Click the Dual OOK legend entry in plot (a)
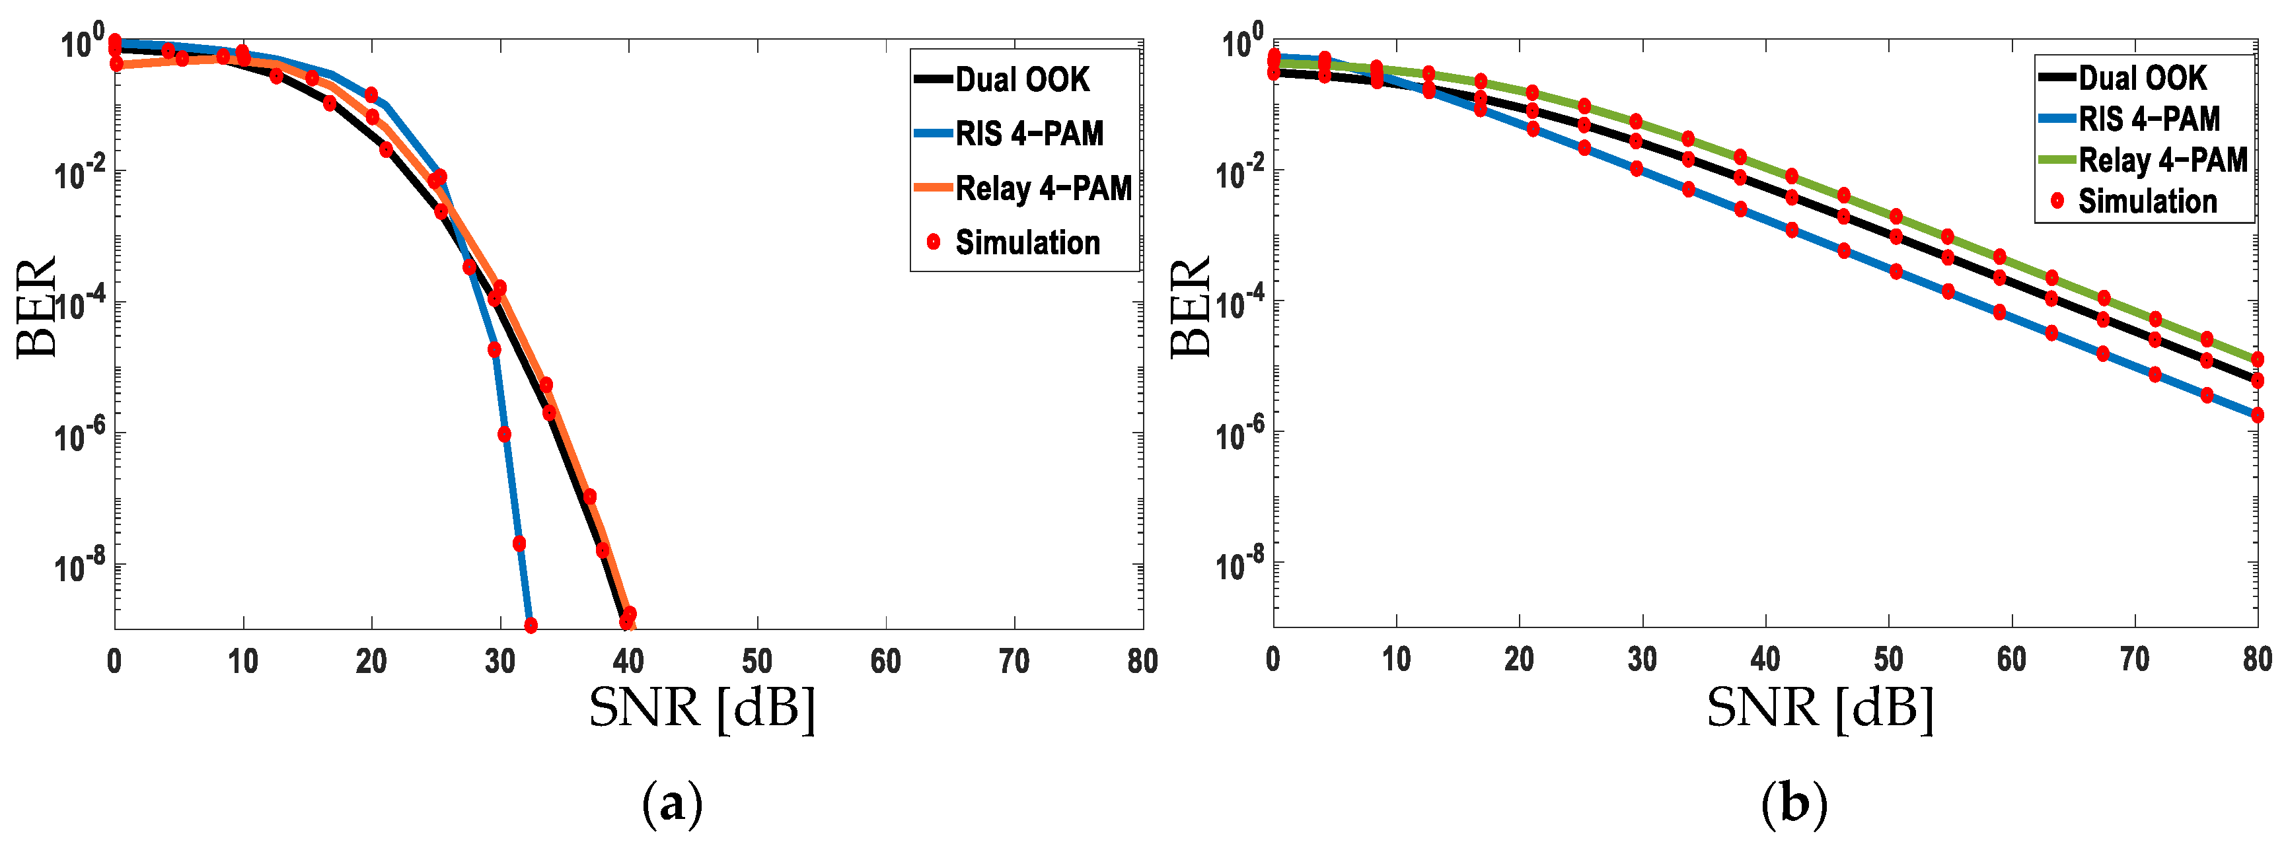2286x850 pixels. tap(1021, 80)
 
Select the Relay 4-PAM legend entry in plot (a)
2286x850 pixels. tap(1042, 188)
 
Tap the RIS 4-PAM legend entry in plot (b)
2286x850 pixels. tap(2147, 119)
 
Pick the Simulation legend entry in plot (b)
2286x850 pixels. tap(2147, 201)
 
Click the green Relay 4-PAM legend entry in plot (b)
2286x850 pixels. tap(2162, 160)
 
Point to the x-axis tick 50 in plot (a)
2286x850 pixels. tap(757, 661)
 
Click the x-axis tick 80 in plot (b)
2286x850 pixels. tap(2257, 659)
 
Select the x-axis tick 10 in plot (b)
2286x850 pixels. tap(1396, 659)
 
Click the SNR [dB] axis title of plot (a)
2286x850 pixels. tap(701, 708)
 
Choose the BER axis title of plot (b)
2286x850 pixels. tap(1190, 307)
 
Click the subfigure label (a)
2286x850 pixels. tap(672, 804)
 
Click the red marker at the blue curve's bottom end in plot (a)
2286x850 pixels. tap(531, 625)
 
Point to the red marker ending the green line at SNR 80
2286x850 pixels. tap(2258, 359)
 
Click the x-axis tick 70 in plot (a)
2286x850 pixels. tap(1014, 661)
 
